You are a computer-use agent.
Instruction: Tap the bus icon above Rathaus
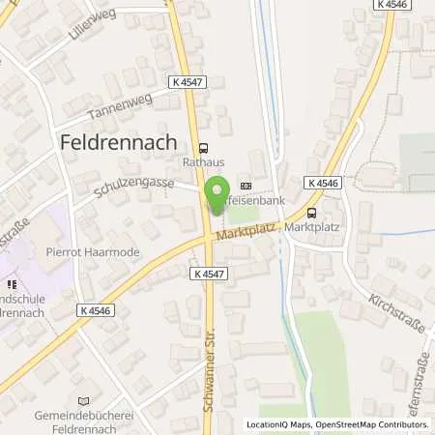click(203, 148)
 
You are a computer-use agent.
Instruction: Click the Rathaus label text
click(204, 163)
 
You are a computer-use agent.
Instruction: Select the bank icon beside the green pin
click(245, 187)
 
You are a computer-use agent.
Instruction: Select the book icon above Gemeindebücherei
click(82, 400)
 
